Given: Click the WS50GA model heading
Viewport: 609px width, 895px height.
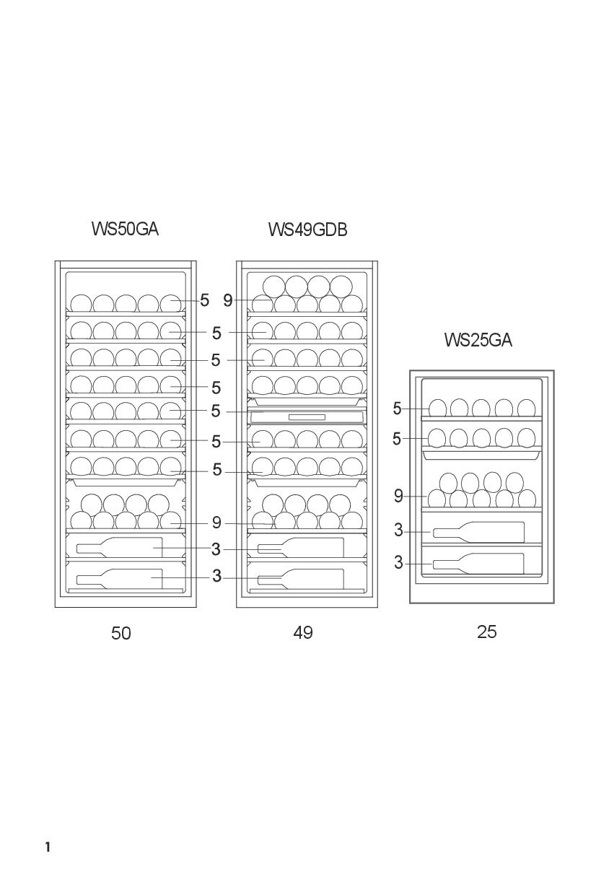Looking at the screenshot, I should tap(125, 229).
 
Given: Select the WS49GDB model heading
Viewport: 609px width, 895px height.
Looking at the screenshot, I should tap(307, 230).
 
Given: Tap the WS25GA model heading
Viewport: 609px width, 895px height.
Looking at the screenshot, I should tap(478, 340).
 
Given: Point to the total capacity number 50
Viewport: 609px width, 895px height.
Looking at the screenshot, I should tap(121, 633).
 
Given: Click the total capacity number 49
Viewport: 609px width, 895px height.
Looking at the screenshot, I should tap(303, 632).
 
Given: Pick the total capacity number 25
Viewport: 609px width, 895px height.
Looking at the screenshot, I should tap(487, 632).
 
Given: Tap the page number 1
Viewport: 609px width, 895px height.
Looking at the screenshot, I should tap(48, 847).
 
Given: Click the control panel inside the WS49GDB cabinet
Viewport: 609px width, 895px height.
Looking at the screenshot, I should tap(307, 416).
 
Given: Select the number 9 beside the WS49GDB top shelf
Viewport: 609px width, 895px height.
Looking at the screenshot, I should tap(228, 300).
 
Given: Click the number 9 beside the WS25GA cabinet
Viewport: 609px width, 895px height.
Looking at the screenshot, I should tap(398, 496).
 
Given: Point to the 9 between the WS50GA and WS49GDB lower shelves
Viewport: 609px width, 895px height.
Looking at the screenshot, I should tap(216, 523).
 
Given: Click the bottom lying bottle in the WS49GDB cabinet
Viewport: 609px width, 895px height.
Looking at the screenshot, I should tap(301, 578).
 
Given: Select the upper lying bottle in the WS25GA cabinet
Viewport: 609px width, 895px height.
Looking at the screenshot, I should tap(478, 532).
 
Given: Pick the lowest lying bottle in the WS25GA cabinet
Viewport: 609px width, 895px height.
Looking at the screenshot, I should tap(478, 563).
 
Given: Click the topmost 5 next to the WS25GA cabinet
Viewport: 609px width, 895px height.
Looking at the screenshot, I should tap(397, 409).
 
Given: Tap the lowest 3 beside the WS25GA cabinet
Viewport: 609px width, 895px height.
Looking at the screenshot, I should tap(398, 563).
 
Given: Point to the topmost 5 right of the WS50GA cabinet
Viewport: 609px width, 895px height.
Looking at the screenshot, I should tap(205, 300).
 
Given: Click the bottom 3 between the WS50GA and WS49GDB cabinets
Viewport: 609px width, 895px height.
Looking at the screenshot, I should tap(216, 576).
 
